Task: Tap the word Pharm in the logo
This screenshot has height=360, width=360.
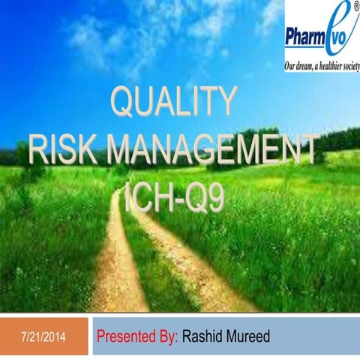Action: click(306, 36)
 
